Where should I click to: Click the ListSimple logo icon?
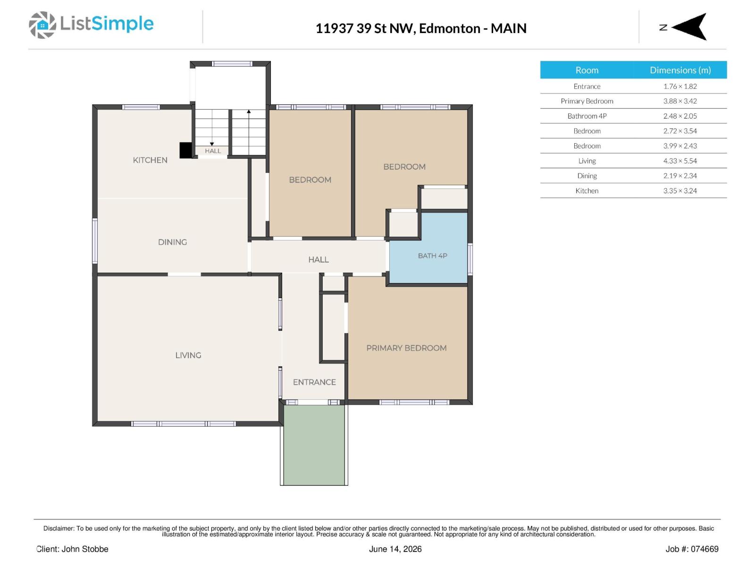(42, 25)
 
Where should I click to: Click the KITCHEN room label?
(150, 160)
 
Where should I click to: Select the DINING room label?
(172, 242)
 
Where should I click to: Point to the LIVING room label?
(188, 355)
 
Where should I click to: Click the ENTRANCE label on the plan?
(314, 382)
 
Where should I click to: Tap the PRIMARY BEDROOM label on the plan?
(406, 348)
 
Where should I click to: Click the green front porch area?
(314, 445)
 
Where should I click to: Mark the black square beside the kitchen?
(186, 150)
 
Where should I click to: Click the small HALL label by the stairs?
(213, 151)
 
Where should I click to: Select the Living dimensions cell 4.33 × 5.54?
(679, 161)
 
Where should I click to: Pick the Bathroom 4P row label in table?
(587, 116)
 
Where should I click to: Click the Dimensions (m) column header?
(680, 70)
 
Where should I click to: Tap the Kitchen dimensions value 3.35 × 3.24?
(679, 191)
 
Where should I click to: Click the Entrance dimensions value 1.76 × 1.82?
(679, 86)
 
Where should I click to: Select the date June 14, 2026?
(395, 549)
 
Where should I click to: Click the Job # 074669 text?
(692, 549)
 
